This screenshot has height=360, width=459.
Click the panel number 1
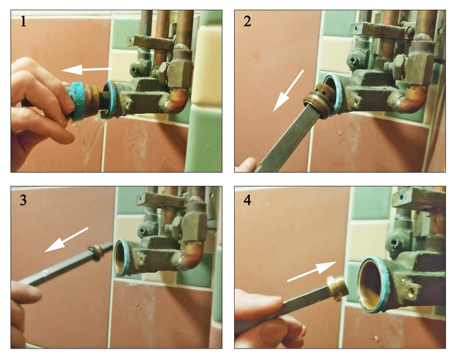click(x=23, y=21)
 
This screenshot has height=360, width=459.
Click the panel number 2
click(x=247, y=21)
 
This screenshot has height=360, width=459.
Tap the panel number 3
click(x=23, y=200)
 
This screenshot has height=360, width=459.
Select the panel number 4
click(x=247, y=200)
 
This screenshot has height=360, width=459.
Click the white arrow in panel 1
click(x=87, y=69)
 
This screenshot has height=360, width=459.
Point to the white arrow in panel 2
click(x=289, y=91)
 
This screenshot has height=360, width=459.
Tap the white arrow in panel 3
click(x=66, y=239)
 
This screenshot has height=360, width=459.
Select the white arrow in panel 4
click(x=312, y=271)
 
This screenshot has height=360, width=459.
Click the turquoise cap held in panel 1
click(x=75, y=101)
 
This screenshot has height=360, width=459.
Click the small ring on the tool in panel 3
click(x=95, y=253)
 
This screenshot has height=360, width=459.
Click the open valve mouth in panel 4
click(x=370, y=285)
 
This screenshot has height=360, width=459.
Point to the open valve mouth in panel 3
click(x=120, y=257)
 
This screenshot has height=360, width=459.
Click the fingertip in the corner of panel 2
click(x=247, y=165)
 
